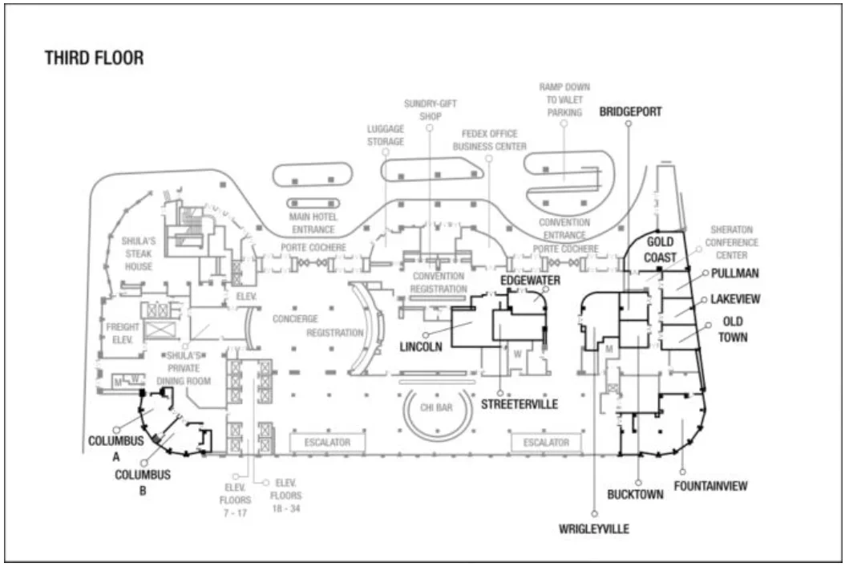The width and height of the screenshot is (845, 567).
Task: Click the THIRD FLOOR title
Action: [94, 59]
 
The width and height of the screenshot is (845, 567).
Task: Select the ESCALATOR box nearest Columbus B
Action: [326, 442]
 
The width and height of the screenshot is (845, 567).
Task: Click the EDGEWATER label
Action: [530, 280]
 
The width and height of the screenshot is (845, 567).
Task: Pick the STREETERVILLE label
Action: [520, 405]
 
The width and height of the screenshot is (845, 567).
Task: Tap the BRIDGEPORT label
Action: [630, 112]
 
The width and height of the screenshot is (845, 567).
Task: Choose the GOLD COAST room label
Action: [660, 249]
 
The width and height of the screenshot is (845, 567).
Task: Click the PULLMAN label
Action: [735, 273]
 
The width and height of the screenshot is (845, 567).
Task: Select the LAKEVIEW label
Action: [735, 299]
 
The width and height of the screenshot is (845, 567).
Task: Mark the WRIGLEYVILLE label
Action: [594, 529]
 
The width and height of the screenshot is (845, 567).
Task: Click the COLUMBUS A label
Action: [116, 448]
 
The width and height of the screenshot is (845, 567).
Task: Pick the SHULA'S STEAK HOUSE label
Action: [137, 253]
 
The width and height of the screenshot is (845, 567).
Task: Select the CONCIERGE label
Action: [295, 318]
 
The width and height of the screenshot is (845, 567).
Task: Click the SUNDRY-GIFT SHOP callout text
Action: [431, 110]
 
